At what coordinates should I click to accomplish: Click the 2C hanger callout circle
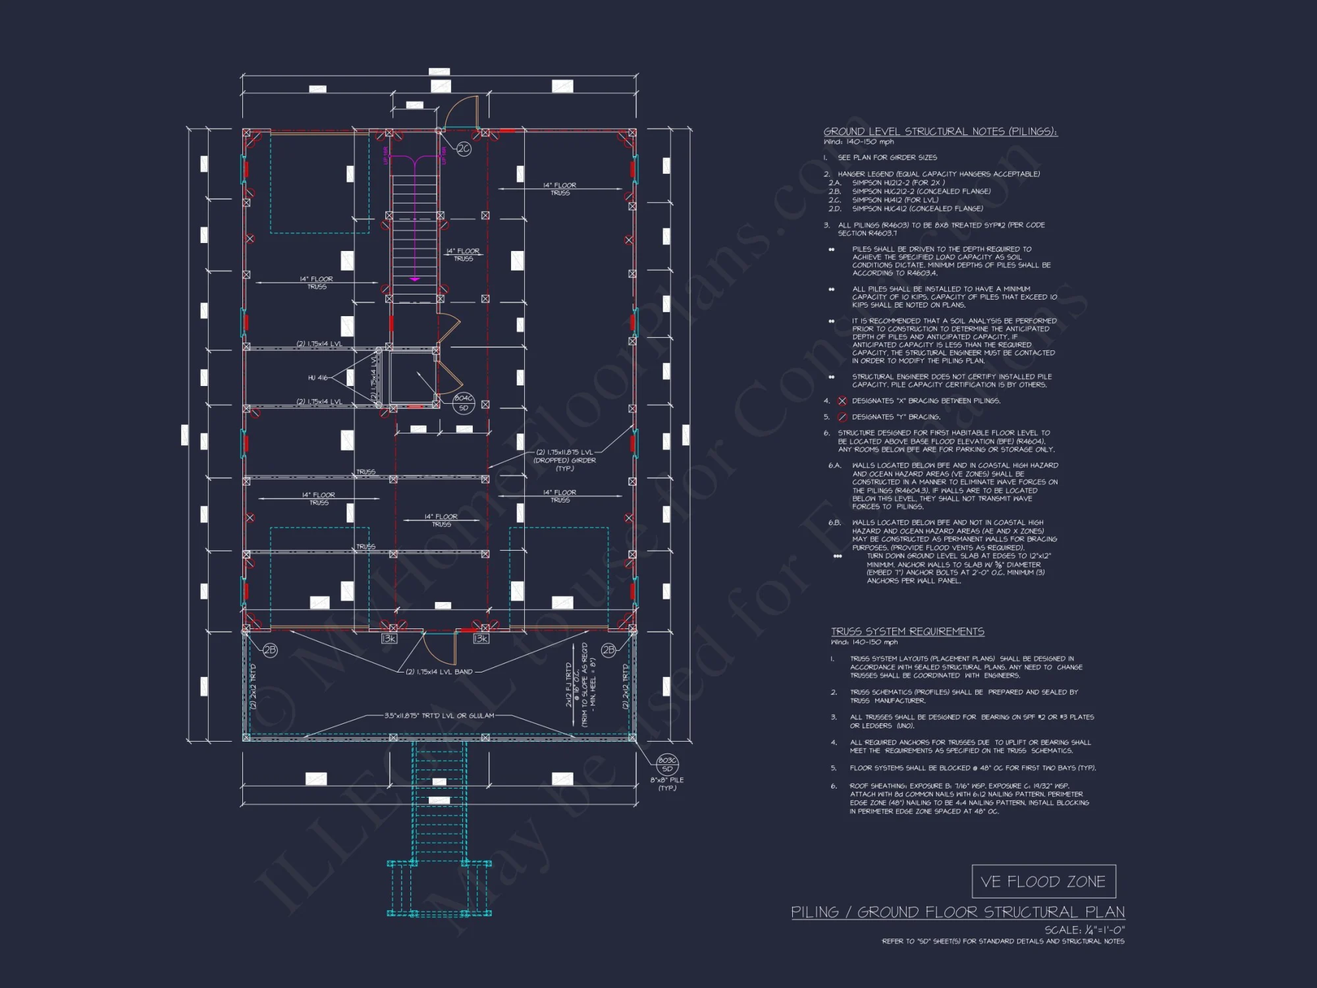tap(464, 149)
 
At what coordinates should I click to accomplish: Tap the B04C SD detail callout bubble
tap(464, 403)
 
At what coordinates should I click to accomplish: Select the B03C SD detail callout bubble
tap(667, 765)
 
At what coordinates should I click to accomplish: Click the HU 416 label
tap(317, 377)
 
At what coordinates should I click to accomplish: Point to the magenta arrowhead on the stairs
tap(415, 279)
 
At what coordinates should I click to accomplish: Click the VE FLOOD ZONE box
tap(1043, 881)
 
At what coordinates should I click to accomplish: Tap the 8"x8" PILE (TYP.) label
tap(667, 783)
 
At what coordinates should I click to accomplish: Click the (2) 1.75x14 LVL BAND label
tap(439, 672)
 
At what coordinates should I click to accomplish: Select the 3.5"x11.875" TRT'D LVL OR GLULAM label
tap(439, 715)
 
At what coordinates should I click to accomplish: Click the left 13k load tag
tap(389, 639)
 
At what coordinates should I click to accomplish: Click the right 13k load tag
tap(481, 639)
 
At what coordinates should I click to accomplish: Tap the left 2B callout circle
tap(270, 650)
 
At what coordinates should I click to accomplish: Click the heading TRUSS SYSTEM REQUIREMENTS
tap(907, 632)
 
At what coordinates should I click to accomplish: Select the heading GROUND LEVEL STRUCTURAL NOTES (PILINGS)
tap(940, 132)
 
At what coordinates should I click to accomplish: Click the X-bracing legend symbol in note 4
tap(842, 401)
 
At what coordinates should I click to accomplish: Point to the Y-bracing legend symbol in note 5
tap(842, 417)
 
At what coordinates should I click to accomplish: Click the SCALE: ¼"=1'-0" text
tap(1084, 930)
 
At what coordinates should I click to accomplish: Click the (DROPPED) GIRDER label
tap(564, 460)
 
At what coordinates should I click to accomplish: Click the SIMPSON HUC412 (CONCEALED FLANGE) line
tap(917, 209)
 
